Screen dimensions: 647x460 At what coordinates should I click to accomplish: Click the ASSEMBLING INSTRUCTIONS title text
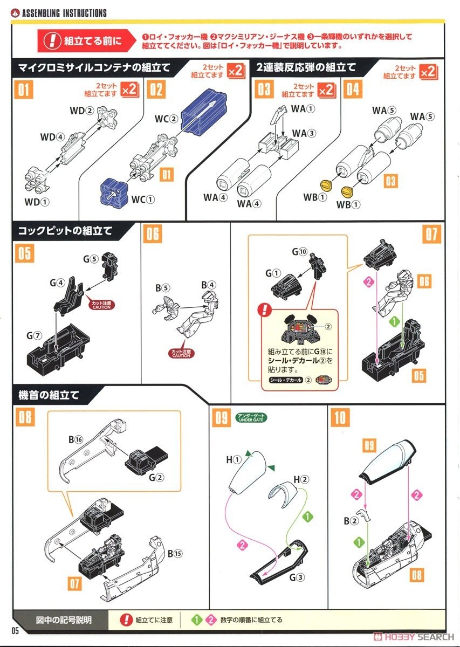tap(64, 13)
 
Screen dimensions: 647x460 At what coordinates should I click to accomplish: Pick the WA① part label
tap(303, 108)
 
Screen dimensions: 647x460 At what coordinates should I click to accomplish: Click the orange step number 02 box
tap(156, 88)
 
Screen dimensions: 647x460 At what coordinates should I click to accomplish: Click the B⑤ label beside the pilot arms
tap(162, 288)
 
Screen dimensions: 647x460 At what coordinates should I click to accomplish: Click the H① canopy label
tap(233, 460)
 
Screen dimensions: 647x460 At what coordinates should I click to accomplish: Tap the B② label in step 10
tap(351, 520)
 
